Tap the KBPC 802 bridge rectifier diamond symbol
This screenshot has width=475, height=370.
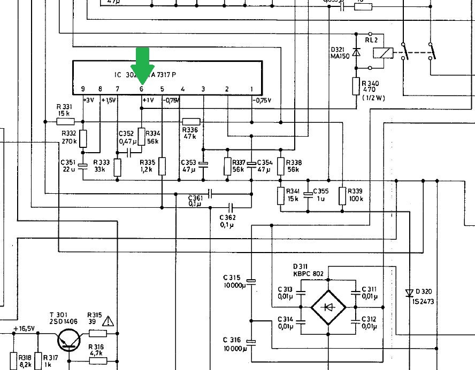[x=328, y=307]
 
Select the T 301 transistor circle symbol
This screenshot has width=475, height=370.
[x=69, y=340]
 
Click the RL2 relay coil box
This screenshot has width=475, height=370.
[x=384, y=53]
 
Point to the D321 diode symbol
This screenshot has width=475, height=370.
[x=357, y=52]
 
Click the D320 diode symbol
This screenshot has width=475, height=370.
[x=409, y=293]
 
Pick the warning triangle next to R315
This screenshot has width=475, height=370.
[x=109, y=321]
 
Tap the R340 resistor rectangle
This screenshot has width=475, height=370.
[x=357, y=86]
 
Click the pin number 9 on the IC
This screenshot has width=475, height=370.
[x=83, y=89]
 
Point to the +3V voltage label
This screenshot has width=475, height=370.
[x=89, y=100]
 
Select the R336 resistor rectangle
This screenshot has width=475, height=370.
[x=191, y=121]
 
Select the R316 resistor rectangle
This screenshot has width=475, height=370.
[x=97, y=360]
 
